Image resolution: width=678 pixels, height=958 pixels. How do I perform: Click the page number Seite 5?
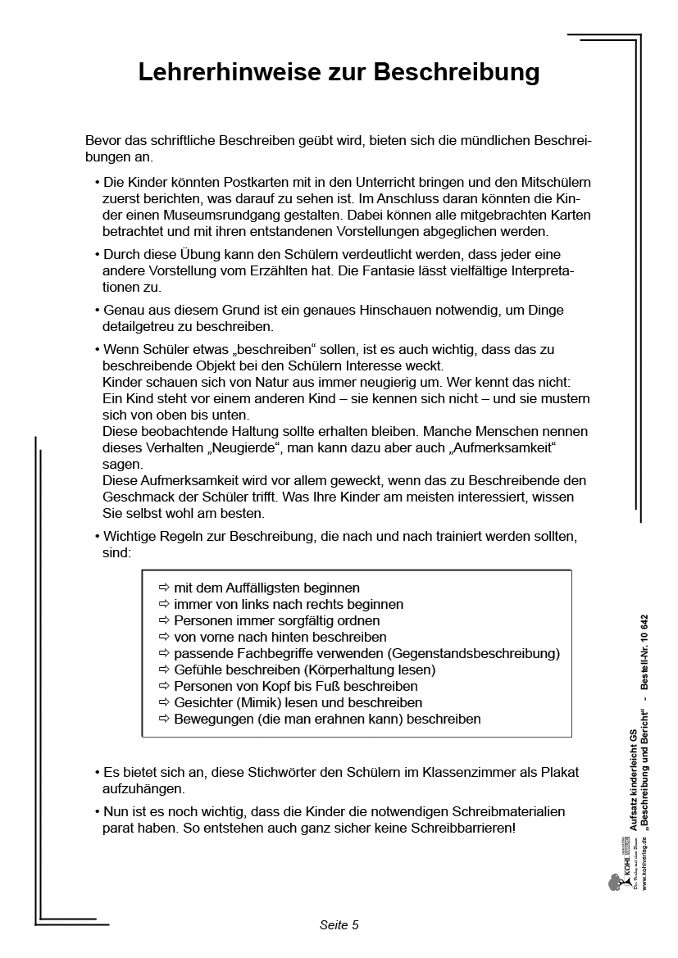tap(339, 925)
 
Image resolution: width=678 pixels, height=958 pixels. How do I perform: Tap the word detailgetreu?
tap(140, 326)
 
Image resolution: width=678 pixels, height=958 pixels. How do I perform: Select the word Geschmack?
tap(139, 497)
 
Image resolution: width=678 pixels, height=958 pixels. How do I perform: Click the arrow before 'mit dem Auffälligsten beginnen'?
tap(163, 588)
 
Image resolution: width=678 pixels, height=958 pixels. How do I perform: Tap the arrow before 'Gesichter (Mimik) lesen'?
tap(163, 702)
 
